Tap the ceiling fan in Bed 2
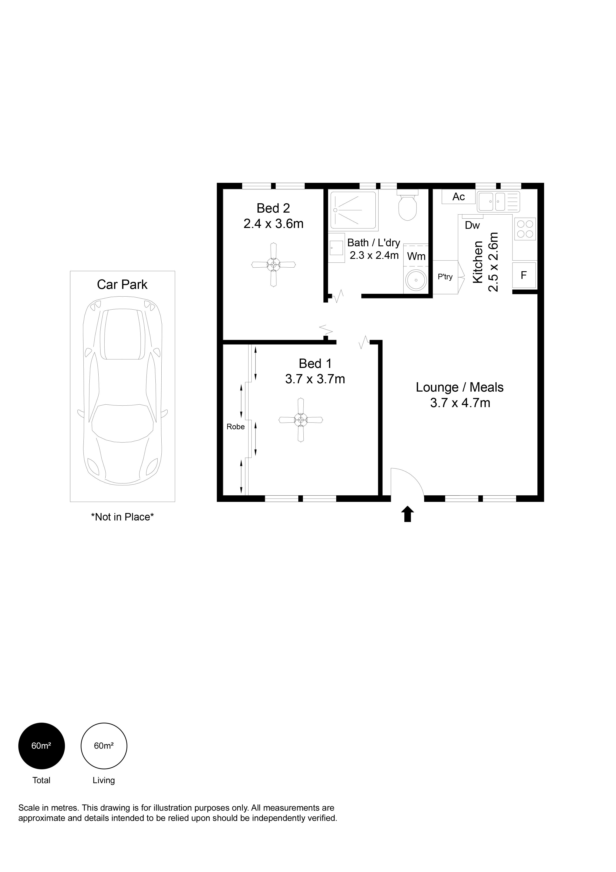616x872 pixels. [273, 265]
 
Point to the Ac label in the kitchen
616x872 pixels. [458, 197]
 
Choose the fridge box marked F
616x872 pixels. [524, 275]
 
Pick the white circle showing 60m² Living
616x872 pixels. [104, 746]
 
